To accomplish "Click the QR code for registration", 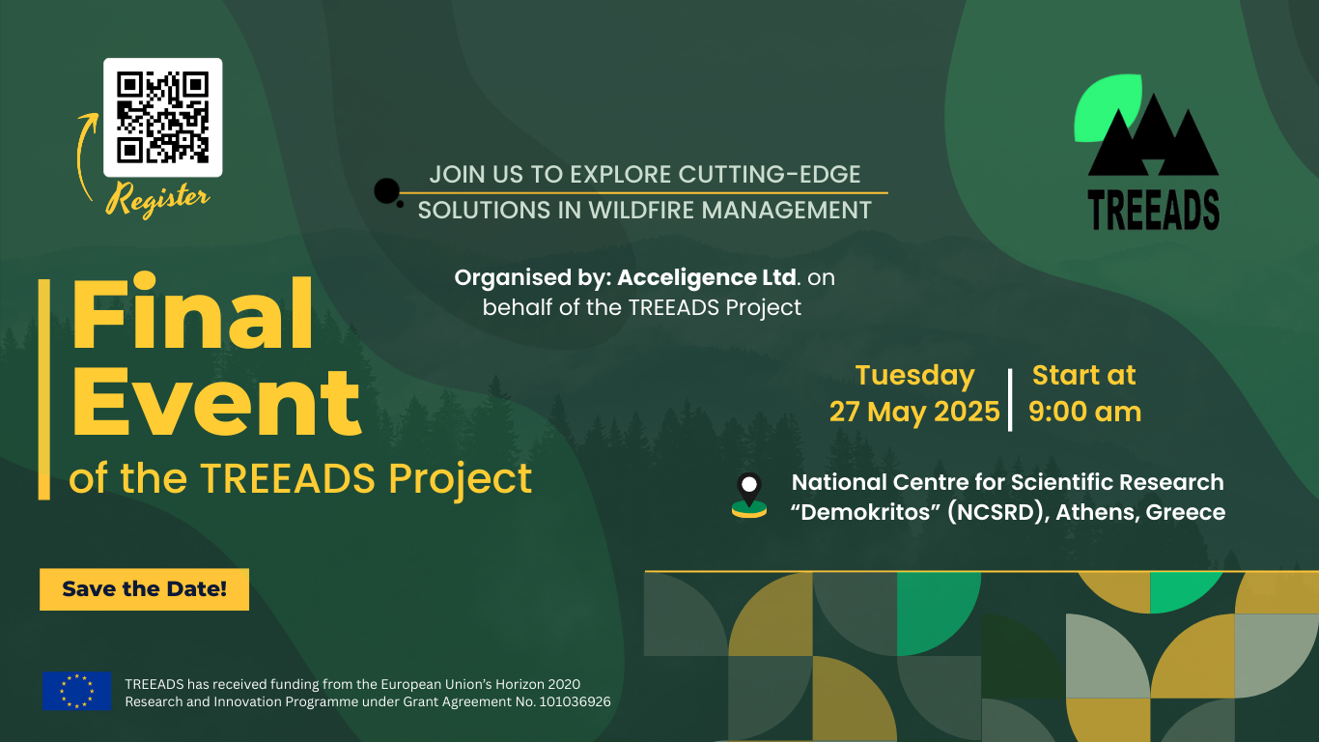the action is pos(163,117).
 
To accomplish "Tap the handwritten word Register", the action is pos(157,199).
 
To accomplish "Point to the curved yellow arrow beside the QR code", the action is pos(86,157).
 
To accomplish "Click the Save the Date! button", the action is pos(144,588).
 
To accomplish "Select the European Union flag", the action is pos(76,691).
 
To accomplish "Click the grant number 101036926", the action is pos(575,702).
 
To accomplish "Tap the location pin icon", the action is pos(749,496).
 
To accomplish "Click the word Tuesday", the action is pos(915,376).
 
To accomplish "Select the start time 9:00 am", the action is pos(1084,412).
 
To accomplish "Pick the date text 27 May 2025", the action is pos(914,412).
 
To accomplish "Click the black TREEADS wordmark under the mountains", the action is pos(1154,210).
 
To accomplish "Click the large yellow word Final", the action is pos(192,313).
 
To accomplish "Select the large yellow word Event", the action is pos(216,403).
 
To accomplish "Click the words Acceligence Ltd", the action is pos(707,277).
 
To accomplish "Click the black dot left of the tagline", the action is pos(387,191).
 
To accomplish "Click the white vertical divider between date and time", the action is pos(1010,400).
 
